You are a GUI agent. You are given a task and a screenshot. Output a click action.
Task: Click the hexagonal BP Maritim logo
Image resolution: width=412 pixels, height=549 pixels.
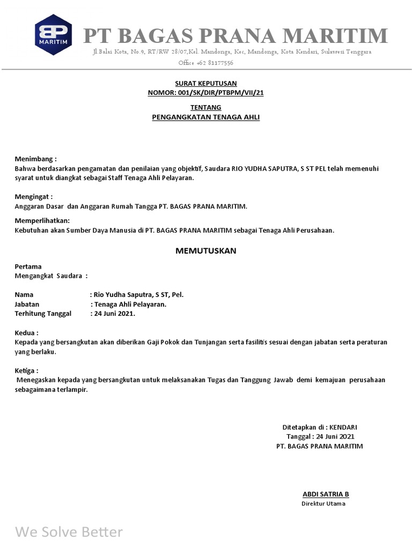pyautogui.click(x=53, y=35)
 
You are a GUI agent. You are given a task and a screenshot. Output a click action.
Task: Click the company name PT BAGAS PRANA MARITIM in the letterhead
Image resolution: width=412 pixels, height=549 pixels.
pyautogui.click(x=235, y=36)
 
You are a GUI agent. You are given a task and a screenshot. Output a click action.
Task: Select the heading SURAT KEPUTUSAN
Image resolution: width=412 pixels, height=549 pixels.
pyautogui.click(x=205, y=83)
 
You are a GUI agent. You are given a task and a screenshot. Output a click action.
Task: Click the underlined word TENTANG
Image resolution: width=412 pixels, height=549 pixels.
pyautogui.click(x=205, y=107)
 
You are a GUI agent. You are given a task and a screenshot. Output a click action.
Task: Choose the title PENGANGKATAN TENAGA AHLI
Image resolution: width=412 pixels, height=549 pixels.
pyautogui.click(x=205, y=117)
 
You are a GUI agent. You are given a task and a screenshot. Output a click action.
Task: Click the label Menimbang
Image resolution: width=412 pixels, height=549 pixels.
pyautogui.click(x=34, y=159)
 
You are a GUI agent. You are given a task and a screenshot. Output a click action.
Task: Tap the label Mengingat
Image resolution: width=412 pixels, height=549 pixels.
pyautogui.click(x=33, y=196)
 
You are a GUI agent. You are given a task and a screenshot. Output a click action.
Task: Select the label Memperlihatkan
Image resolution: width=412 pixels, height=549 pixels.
pyautogui.click(x=41, y=220)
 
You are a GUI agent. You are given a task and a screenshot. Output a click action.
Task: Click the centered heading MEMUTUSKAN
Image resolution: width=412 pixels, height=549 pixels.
pyautogui.click(x=205, y=250)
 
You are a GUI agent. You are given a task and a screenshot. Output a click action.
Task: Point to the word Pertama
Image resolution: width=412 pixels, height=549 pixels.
pyautogui.click(x=28, y=266)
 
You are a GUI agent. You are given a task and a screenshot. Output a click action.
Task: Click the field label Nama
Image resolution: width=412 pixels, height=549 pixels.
pyautogui.click(x=24, y=294)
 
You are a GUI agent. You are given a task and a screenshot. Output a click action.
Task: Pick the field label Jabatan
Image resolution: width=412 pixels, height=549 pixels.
pyautogui.click(x=27, y=304)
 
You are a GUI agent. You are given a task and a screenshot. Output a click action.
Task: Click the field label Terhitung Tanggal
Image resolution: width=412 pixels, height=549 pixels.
pyautogui.click(x=42, y=314)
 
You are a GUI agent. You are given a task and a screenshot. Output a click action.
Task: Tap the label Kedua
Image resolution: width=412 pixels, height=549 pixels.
pyautogui.click(x=26, y=332)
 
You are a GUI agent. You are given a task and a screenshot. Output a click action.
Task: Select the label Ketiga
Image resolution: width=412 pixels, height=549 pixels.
pyautogui.click(x=26, y=370)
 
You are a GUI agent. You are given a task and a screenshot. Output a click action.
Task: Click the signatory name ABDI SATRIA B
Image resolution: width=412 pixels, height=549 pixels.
pyautogui.click(x=326, y=494)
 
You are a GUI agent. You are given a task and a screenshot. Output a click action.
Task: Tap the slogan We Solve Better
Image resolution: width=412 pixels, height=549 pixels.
pyautogui.click(x=69, y=532)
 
